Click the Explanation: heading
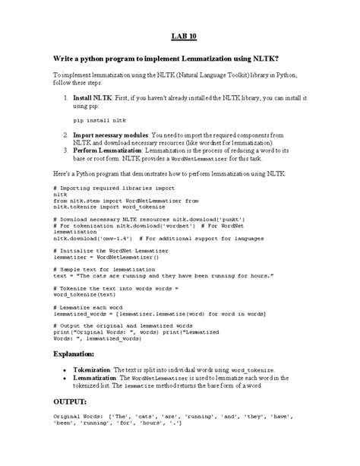(79, 354)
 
